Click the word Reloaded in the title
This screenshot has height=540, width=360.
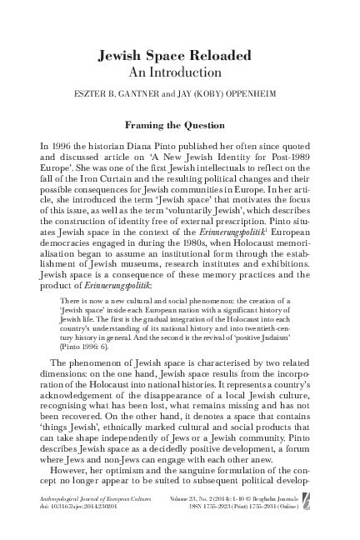click(216, 56)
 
